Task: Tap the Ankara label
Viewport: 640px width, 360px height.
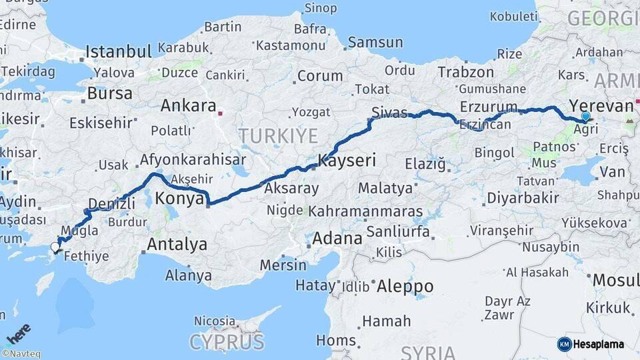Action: coord(188,106)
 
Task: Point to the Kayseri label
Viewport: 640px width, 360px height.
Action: coord(347,160)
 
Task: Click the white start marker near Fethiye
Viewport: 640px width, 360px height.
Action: coord(55,248)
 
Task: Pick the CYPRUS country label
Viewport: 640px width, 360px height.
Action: coord(227,342)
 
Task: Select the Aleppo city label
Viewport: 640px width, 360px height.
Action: coord(405,287)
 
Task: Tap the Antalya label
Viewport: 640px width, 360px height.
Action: coord(177,244)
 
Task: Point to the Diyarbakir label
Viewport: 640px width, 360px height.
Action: coord(522,198)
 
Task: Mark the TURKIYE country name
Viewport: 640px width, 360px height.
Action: coord(279,136)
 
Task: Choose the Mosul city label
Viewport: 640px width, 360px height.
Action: coord(615,279)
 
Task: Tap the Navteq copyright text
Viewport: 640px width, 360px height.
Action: coord(21,354)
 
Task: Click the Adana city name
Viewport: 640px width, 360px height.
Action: coord(337,237)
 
